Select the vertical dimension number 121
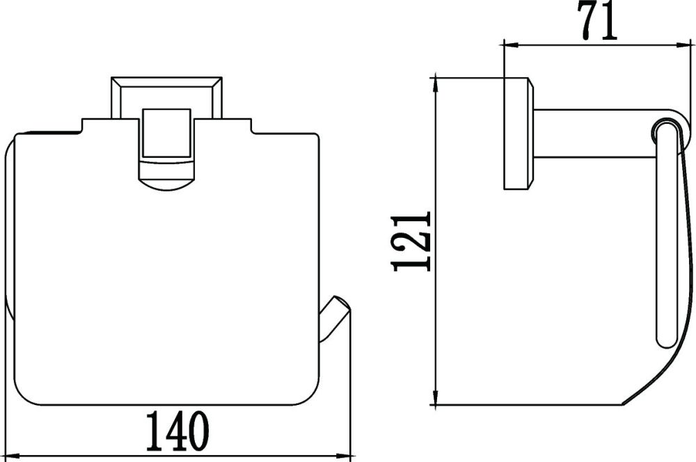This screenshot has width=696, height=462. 412,241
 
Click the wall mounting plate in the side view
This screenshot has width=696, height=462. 518,134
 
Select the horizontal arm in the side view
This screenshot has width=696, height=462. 592,133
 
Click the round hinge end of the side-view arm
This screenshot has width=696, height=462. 665,130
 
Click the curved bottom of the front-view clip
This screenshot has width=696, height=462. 166,182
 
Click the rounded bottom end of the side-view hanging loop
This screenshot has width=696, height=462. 664,341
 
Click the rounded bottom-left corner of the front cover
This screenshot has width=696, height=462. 21,397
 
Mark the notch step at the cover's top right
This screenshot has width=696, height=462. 251,127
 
